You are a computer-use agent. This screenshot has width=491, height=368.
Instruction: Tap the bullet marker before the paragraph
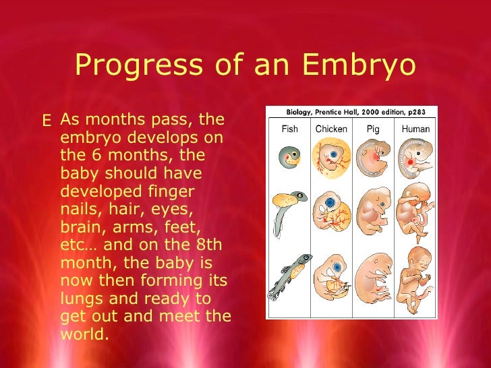(x=47, y=121)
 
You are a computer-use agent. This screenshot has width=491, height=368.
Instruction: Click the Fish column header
(x=289, y=129)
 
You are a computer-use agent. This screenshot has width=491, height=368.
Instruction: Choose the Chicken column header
(x=331, y=129)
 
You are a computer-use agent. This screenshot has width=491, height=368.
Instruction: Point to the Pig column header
(x=373, y=129)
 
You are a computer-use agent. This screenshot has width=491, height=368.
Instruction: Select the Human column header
(x=415, y=129)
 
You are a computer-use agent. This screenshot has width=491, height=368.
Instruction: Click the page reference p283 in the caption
(x=423, y=113)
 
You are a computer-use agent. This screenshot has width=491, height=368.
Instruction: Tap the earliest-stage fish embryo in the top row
(x=289, y=158)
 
